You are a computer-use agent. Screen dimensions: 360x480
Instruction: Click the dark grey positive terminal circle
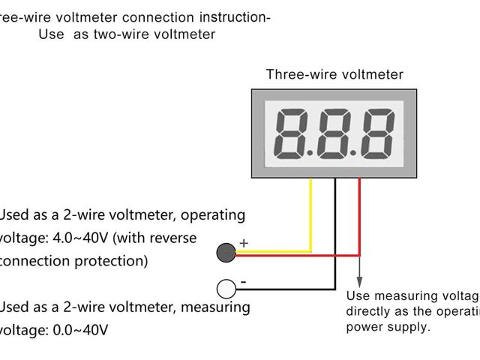tap(226, 253)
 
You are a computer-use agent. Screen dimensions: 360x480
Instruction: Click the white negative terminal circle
tap(226, 289)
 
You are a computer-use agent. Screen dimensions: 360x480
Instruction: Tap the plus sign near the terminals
tap(243, 243)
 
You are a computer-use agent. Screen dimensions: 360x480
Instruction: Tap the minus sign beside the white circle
tap(243, 283)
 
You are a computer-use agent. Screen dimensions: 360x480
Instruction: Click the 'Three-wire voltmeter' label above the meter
tap(334, 74)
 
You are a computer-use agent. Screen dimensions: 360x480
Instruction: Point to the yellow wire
tap(310, 217)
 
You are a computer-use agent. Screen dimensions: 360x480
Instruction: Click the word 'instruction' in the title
tap(233, 16)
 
